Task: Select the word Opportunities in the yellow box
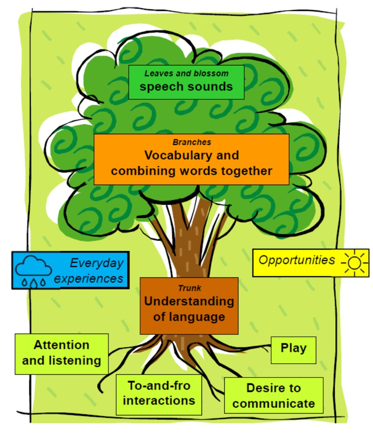[x=297, y=260]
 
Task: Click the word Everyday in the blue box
[x=96, y=263]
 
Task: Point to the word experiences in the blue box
[x=89, y=278]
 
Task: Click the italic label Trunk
[x=189, y=288]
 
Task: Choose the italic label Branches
[x=192, y=142]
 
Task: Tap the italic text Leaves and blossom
[x=186, y=73]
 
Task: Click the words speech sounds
[x=186, y=87]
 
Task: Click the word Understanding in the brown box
[x=189, y=302]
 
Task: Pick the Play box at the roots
[x=293, y=349]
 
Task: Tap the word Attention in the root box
[x=62, y=345]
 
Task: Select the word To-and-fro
[x=159, y=386]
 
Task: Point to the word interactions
[x=159, y=400]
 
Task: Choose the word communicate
[x=273, y=403]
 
